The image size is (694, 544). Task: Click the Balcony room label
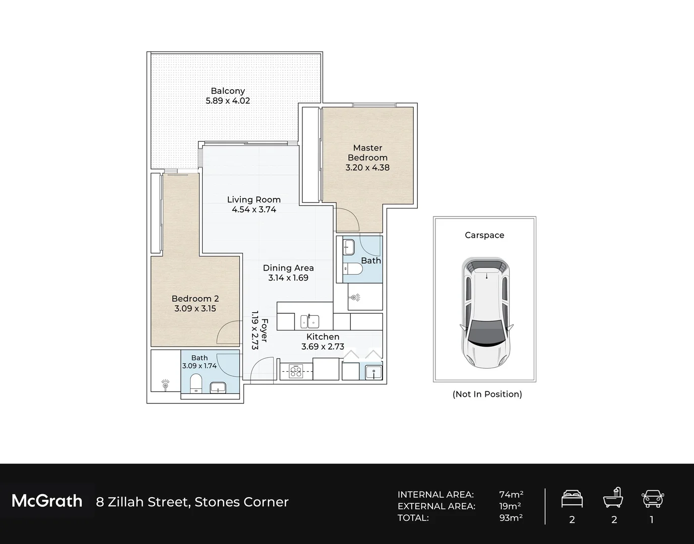228,91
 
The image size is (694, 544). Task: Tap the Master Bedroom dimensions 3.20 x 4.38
367,168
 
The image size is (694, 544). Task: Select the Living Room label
254,200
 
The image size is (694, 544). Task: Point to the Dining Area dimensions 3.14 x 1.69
288,278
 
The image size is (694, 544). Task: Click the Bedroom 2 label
195,299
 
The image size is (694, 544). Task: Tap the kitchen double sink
309,321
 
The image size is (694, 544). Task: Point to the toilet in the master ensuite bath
353,269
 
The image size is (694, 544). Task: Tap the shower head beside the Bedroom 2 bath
165,384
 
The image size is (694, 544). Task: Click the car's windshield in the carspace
486,333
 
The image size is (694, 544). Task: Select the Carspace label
484,235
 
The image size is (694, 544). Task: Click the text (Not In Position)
487,394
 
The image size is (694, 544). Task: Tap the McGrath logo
47,501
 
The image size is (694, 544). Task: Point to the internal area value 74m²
511,494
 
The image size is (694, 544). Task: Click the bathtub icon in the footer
613,498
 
